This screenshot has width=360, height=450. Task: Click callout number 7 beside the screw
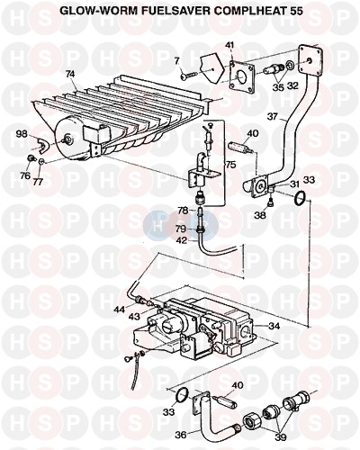point(177,61)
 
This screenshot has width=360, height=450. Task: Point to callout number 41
point(230,46)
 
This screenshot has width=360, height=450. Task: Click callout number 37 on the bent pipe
point(273,117)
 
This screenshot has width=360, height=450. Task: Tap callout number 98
point(22,133)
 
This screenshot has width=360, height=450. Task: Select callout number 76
point(25,175)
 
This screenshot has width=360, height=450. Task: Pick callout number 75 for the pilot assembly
point(230,165)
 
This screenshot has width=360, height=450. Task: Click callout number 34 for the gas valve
point(274,326)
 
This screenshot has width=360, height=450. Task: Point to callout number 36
point(181,434)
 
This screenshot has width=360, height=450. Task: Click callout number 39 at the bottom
point(280,437)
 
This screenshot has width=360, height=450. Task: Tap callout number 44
point(119,310)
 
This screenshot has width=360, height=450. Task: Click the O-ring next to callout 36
point(183,394)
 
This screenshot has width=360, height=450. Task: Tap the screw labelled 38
point(271,203)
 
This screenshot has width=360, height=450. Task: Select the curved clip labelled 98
point(42,145)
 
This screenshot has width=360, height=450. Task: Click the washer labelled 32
point(290,66)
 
